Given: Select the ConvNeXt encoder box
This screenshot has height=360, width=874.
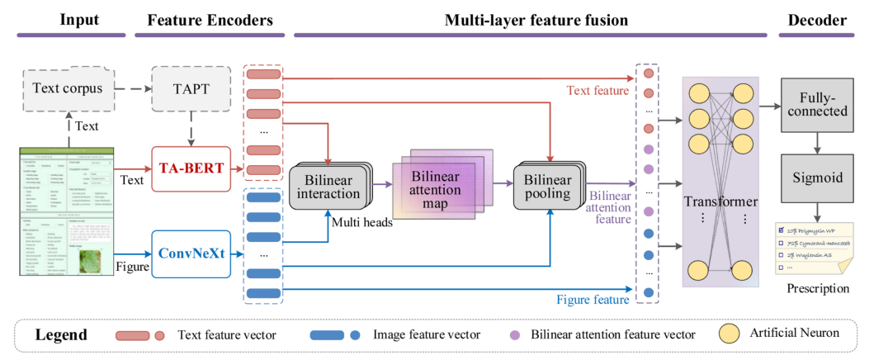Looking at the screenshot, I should click(192, 250).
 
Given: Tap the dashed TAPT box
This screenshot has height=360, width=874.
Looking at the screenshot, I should click(192, 87).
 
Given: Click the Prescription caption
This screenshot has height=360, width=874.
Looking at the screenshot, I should click(818, 288).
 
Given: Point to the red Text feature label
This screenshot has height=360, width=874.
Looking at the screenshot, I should click(597, 91).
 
